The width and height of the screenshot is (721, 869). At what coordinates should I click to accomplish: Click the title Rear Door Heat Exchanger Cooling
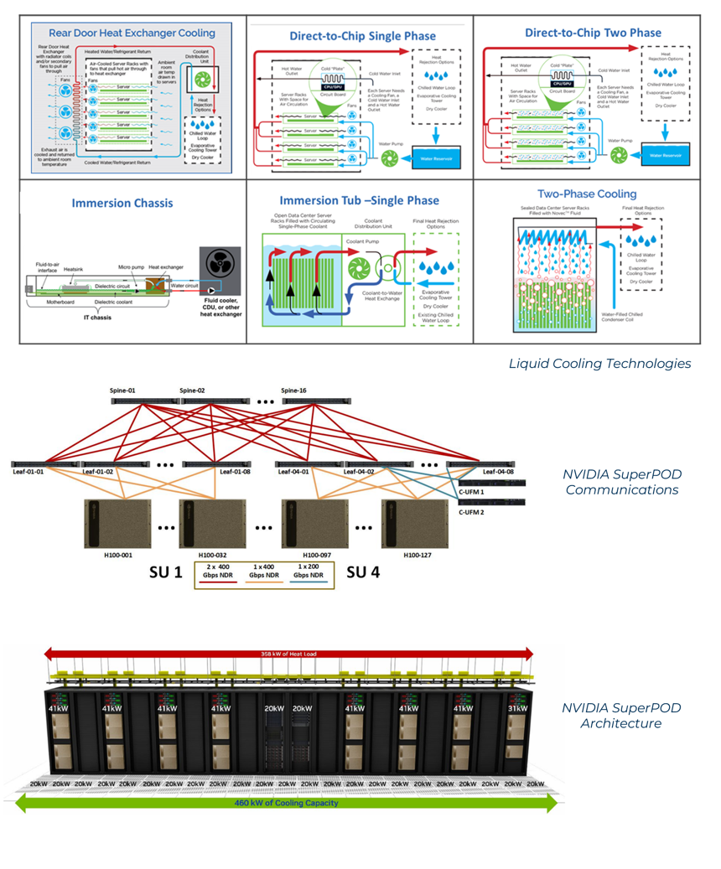coord(132,34)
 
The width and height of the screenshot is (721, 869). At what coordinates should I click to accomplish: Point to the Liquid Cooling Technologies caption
coord(599,363)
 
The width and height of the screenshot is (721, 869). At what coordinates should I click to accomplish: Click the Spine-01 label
coord(124,391)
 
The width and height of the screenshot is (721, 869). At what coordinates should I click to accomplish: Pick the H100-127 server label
coord(418,555)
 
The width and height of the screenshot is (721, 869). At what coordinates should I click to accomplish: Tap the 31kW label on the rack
coord(519,707)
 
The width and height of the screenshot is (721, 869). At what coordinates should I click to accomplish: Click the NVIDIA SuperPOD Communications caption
coord(620,482)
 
